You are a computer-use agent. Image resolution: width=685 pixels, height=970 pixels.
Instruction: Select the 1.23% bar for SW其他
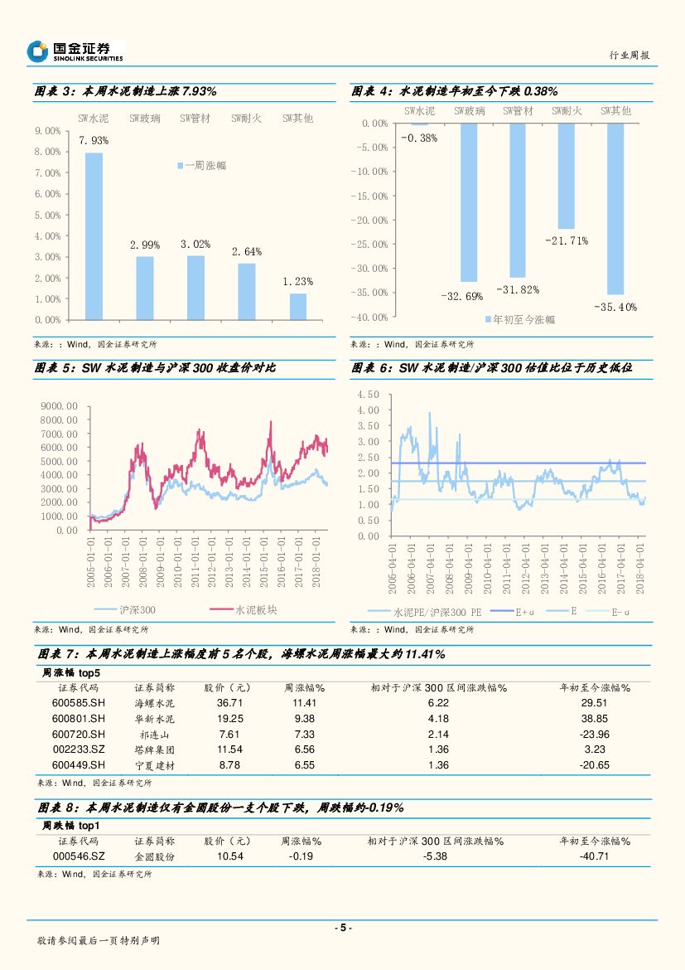297,306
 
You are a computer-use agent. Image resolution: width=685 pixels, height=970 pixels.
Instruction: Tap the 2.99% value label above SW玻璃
145,245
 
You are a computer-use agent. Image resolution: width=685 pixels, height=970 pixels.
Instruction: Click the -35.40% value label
615,307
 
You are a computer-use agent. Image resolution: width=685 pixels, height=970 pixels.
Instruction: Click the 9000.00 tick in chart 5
60,406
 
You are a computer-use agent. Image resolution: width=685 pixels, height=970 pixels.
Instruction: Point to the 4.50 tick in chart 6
369,395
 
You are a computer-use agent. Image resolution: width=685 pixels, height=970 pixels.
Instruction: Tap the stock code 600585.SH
79,703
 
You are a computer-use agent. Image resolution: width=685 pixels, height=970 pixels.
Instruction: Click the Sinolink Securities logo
75,51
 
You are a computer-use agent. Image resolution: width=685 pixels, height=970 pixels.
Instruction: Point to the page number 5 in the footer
343,928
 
